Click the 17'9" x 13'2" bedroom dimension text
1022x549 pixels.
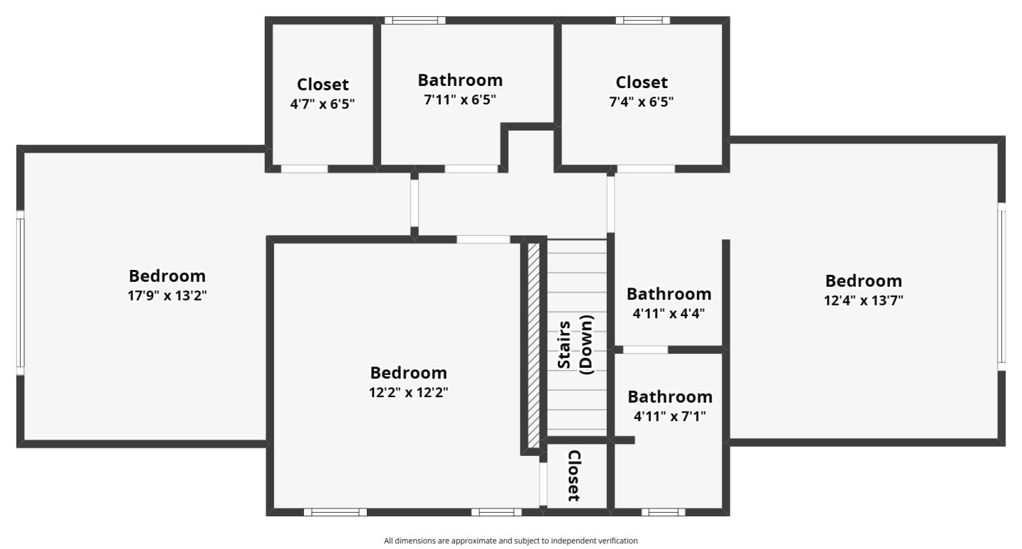point(167,295)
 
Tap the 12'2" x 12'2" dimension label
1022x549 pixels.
point(408,392)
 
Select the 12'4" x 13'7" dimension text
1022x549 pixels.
point(863,300)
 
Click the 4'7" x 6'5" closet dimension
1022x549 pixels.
point(322,104)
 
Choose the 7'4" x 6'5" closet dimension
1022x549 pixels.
point(641,102)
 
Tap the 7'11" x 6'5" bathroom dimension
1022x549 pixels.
point(459,99)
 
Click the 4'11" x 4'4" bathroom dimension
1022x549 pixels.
point(668,313)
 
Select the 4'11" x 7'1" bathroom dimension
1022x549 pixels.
point(669,416)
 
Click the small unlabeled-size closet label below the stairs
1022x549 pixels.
point(574,475)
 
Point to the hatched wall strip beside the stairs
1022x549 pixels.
point(534,344)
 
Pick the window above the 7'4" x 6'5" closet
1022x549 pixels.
point(642,21)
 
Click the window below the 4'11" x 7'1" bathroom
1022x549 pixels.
point(663,512)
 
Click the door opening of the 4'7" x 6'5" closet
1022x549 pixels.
point(304,169)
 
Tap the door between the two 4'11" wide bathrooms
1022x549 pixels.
point(645,349)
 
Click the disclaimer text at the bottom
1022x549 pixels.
point(510,541)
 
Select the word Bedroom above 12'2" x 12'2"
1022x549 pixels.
point(408,373)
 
